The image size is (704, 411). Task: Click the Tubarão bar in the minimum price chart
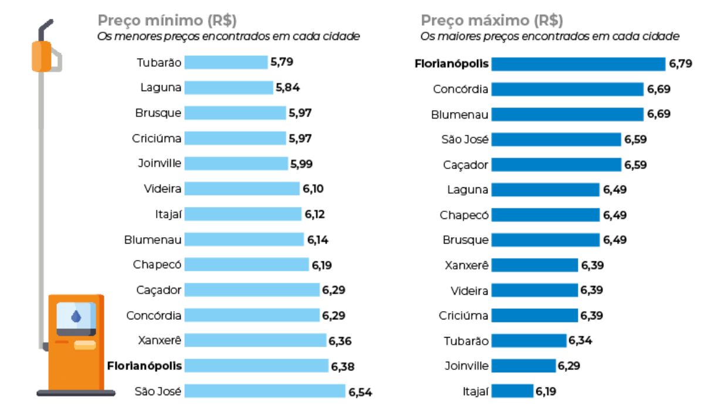pos(226,62)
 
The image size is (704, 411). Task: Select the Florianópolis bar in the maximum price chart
pos(578,64)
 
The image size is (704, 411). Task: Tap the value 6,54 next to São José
pos(360,392)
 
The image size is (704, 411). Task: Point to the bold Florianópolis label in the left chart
pos(144,366)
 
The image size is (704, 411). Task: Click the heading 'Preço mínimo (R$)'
pos(167,21)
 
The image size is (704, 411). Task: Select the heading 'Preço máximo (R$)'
pos(492,21)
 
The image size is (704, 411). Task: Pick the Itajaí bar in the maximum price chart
pos(512,391)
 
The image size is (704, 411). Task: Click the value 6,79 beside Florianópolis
pos(681,63)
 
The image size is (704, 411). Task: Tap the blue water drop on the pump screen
pos(76,317)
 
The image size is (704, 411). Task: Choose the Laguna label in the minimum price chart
pos(161,88)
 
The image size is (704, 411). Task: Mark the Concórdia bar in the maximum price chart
pos(567,89)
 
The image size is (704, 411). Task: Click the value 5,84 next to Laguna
pos(288,88)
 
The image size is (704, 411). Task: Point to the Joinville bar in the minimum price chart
pos(236,164)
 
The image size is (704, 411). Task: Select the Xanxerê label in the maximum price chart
pos(466,265)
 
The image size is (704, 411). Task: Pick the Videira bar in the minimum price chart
pos(242,189)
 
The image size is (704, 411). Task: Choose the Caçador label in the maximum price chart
pos(465,165)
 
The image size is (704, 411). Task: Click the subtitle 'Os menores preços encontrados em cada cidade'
pos(228,36)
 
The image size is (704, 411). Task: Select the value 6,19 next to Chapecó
pos(322,265)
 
